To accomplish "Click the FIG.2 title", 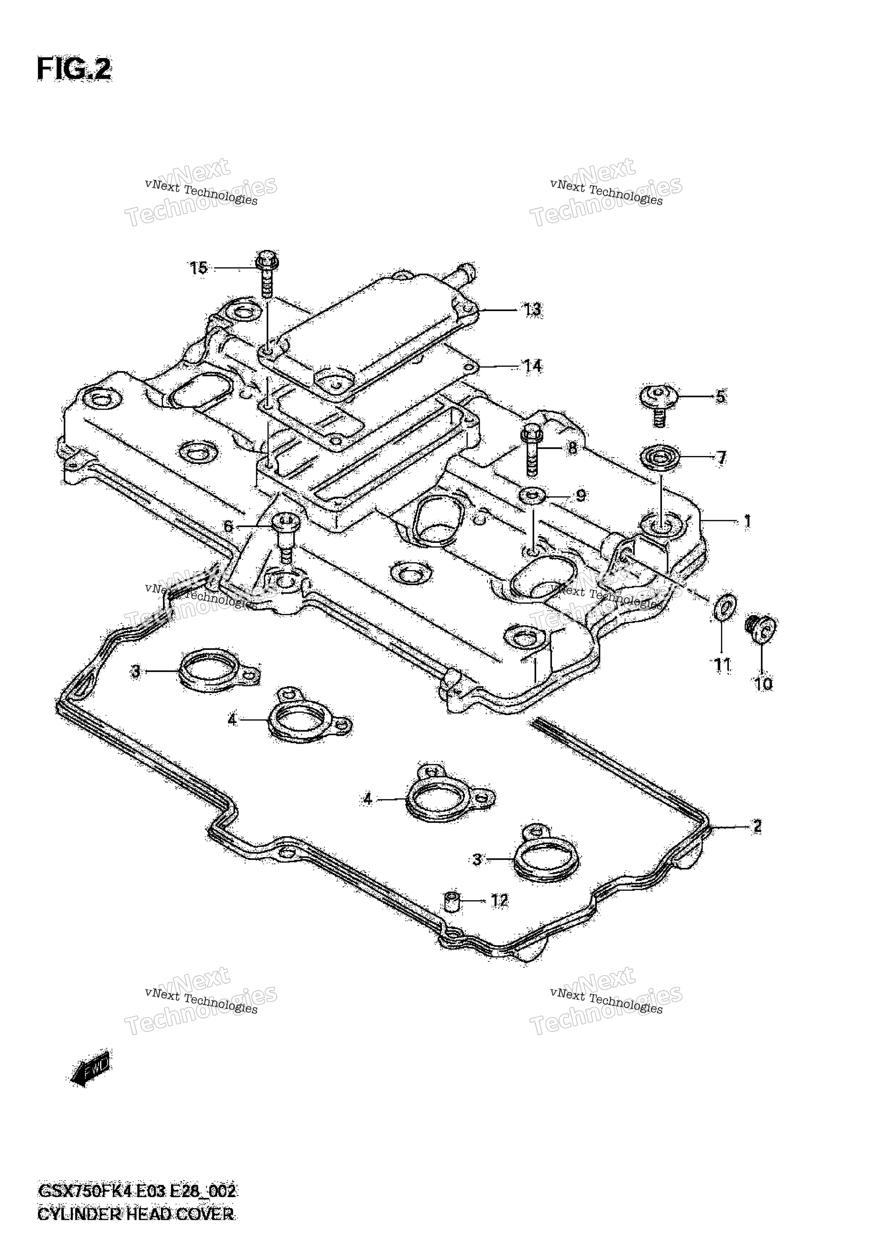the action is click(x=74, y=70).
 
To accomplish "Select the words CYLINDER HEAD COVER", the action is click(x=136, y=1229).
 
